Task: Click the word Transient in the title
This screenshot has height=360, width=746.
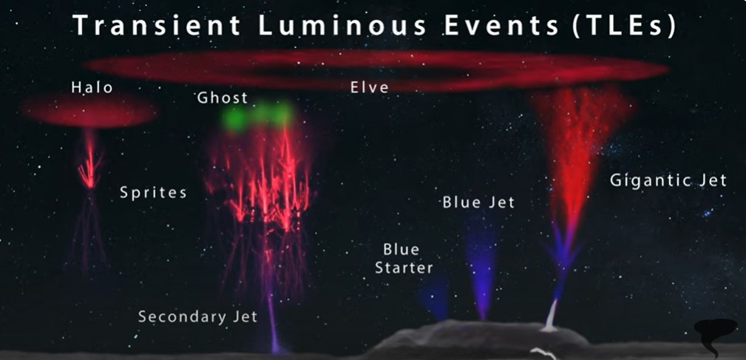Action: pyautogui.click(x=157, y=26)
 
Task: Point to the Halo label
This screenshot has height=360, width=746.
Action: pyautogui.click(x=92, y=87)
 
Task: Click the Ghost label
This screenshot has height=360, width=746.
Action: pyautogui.click(x=223, y=98)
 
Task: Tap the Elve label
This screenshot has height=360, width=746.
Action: pyautogui.click(x=370, y=87)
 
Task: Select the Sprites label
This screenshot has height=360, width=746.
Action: pyautogui.click(x=153, y=193)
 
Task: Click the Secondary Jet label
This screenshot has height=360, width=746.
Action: pyautogui.click(x=198, y=316)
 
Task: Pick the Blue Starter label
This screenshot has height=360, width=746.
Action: pyautogui.click(x=404, y=259)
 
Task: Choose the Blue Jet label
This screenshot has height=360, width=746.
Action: pyautogui.click(x=478, y=203)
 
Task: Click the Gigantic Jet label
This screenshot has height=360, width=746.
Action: pyautogui.click(x=668, y=180)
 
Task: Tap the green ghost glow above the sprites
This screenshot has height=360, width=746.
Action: pyautogui.click(x=257, y=116)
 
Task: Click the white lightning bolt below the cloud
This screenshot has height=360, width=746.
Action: pyautogui.click(x=544, y=353)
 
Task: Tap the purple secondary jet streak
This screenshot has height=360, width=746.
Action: pyautogui.click(x=273, y=318)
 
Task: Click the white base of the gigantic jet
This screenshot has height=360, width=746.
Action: pyautogui.click(x=551, y=316)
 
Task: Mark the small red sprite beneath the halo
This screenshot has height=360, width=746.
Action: pyautogui.click(x=89, y=162)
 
